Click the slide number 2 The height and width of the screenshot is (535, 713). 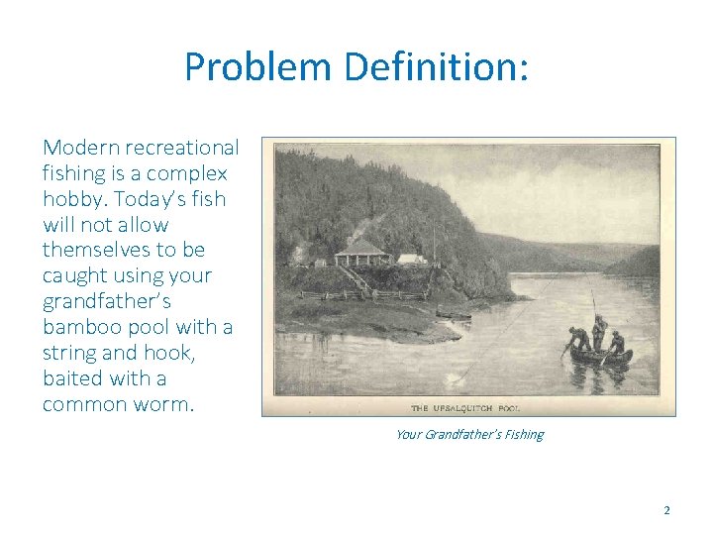click(666, 510)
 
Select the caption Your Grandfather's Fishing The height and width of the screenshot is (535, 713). click(468, 434)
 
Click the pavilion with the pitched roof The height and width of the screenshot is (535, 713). click(360, 254)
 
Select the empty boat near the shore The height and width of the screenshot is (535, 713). click(454, 316)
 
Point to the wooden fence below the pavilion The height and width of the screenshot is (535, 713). click(337, 294)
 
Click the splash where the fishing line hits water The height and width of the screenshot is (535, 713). click(457, 376)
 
